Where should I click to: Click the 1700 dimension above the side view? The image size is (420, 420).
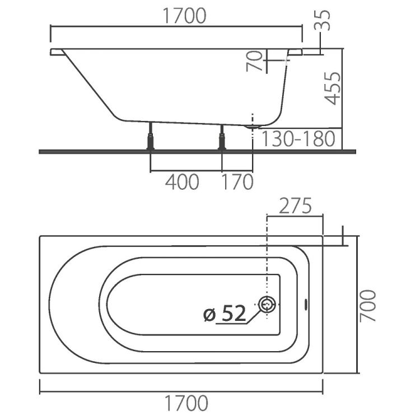pyautogui.click(x=184, y=16)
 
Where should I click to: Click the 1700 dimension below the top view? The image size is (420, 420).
pyautogui.click(x=186, y=403)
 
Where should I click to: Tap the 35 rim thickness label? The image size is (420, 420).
pyautogui.click(x=323, y=20)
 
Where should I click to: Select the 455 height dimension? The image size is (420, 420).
pyautogui.click(x=333, y=88)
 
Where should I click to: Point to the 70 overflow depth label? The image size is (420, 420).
pyautogui.click(x=254, y=61)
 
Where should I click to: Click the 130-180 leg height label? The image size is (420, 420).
pyautogui.click(x=298, y=139)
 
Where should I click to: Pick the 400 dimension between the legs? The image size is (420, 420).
pyautogui.click(x=182, y=182)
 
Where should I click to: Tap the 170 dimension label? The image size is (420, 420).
pyautogui.click(x=237, y=182)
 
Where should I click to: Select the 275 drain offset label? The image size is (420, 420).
pyautogui.click(x=295, y=206)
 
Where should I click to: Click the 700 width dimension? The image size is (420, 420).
pyautogui.click(x=368, y=305)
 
